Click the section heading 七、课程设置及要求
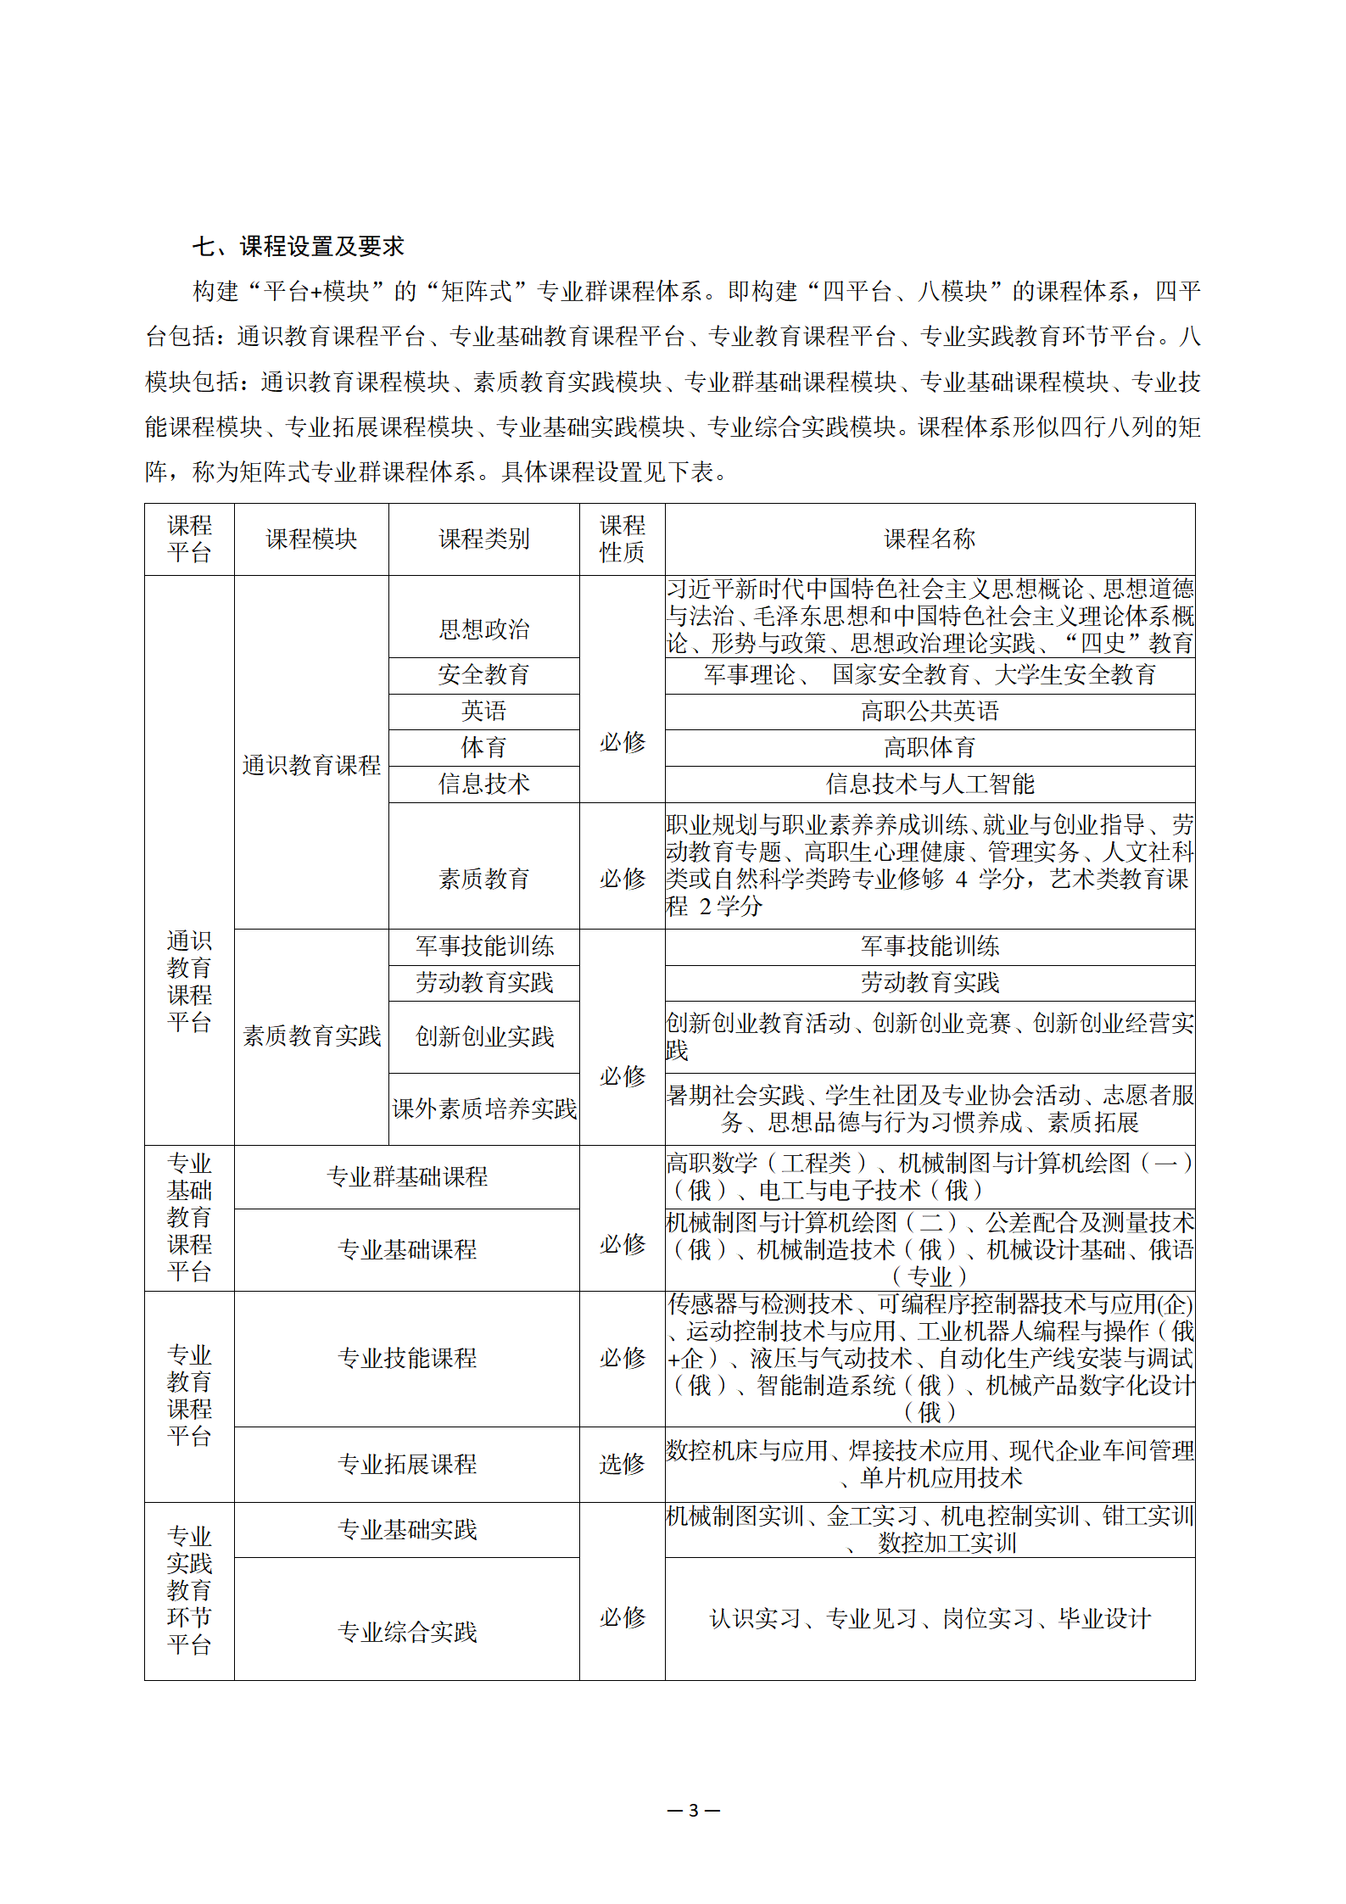tap(298, 247)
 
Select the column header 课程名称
tap(930, 539)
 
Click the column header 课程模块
tap(311, 539)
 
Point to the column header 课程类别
tap(483, 539)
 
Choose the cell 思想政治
tap(483, 628)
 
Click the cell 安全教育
tap(483, 675)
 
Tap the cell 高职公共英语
tap(930, 711)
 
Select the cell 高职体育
tap(930, 747)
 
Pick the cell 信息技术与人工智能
tap(930, 784)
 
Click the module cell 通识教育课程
tap(311, 765)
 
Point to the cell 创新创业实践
tap(483, 1036)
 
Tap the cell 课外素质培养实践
tap(483, 1108)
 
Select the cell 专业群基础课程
tap(407, 1176)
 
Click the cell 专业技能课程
tap(407, 1358)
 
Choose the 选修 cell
tap(622, 1464)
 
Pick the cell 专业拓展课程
tap(407, 1464)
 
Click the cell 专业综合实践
tap(407, 1632)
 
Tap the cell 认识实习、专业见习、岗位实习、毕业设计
tap(930, 1618)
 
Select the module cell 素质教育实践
tap(311, 1036)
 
